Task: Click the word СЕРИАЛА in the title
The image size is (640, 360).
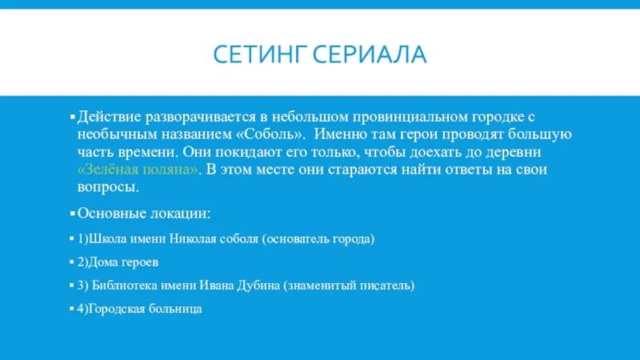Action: tap(370, 56)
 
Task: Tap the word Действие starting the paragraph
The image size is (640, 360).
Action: tap(107, 116)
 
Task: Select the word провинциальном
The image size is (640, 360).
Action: tap(389, 116)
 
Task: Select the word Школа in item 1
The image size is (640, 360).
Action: tap(109, 238)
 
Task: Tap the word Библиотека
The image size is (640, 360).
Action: tap(126, 285)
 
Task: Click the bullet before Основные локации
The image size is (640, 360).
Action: tap(73, 214)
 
